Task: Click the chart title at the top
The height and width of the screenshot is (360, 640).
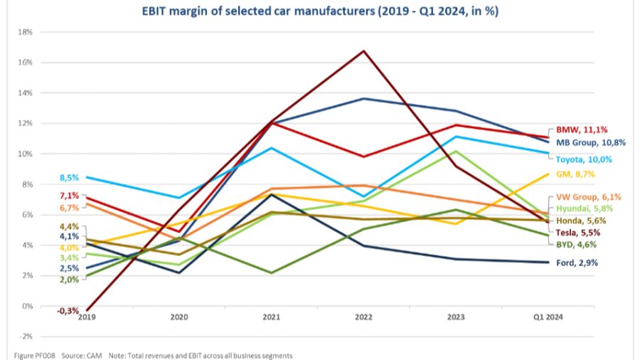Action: pyautogui.click(x=320, y=11)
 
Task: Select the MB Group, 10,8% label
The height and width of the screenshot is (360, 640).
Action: pyautogui.click(x=581, y=142)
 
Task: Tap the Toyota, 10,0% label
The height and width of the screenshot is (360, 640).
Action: pyautogui.click(x=579, y=159)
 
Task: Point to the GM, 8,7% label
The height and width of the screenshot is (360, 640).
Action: pyautogui.click(x=574, y=174)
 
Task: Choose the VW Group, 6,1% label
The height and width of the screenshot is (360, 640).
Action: pyautogui.click(x=581, y=197)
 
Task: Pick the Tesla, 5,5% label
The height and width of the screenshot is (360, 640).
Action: pyautogui.click(x=575, y=232)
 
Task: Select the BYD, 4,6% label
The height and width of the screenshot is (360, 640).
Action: pyautogui.click(x=573, y=244)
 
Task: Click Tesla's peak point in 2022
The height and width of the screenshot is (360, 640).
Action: pyautogui.click(x=364, y=51)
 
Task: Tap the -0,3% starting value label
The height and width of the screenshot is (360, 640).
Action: pyautogui.click(x=68, y=311)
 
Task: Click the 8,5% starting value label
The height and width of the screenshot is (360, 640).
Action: pyautogui.click(x=70, y=177)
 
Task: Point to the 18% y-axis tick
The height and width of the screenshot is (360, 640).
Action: pyautogui.click(x=27, y=32)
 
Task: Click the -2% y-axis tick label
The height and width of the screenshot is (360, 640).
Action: pyautogui.click(x=27, y=337)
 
